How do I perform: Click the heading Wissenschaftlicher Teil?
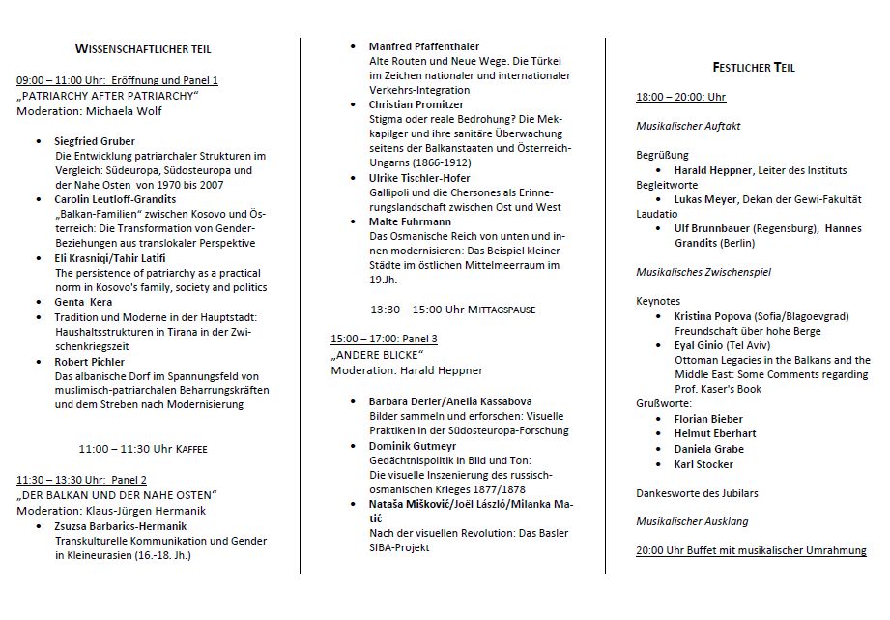pos(143,48)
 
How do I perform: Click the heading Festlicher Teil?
pos(754,67)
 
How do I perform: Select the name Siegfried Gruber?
pos(96,142)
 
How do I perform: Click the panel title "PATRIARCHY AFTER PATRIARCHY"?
pos(107,96)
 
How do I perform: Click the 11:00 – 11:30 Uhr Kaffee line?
pos(143,449)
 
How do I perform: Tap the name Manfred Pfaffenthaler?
pos(424,46)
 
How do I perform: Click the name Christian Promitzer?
pos(416,104)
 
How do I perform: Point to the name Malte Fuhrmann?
pos(411,221)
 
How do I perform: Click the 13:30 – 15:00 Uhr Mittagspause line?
pos(453,310)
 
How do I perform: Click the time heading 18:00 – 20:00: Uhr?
pos(680,97)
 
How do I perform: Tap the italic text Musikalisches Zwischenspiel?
pos(703,272)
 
